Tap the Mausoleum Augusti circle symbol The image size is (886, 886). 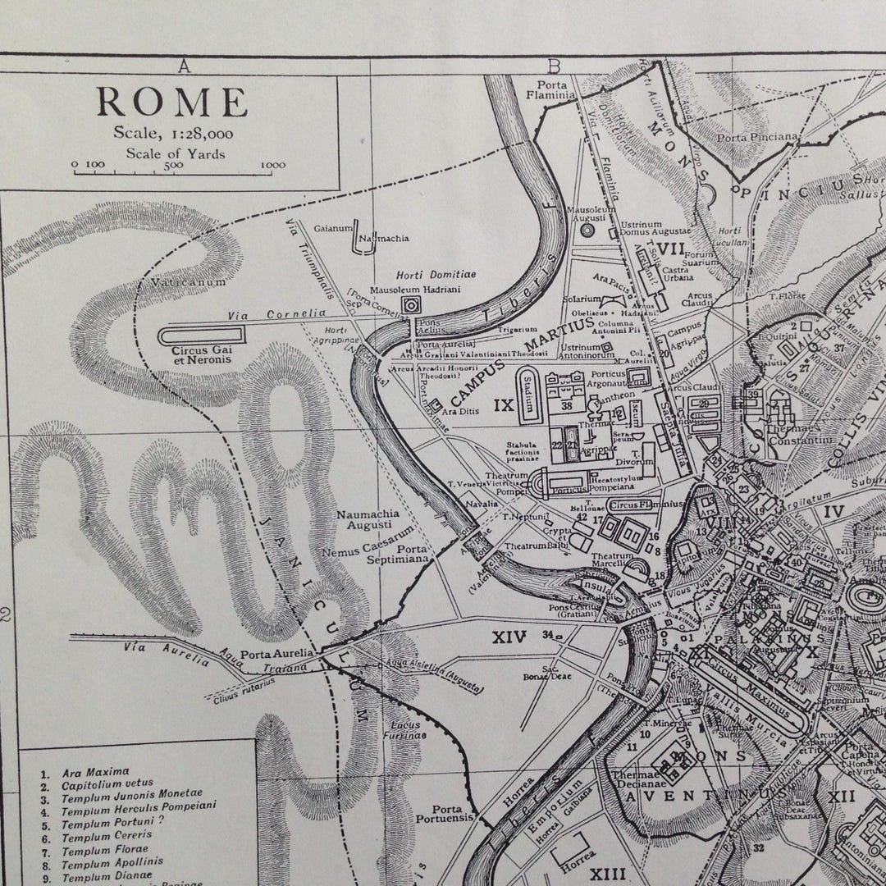586,231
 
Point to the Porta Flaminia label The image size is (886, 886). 554,90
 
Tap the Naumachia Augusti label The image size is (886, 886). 368,520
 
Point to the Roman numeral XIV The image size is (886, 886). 509,635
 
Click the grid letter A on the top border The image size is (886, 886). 184,67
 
